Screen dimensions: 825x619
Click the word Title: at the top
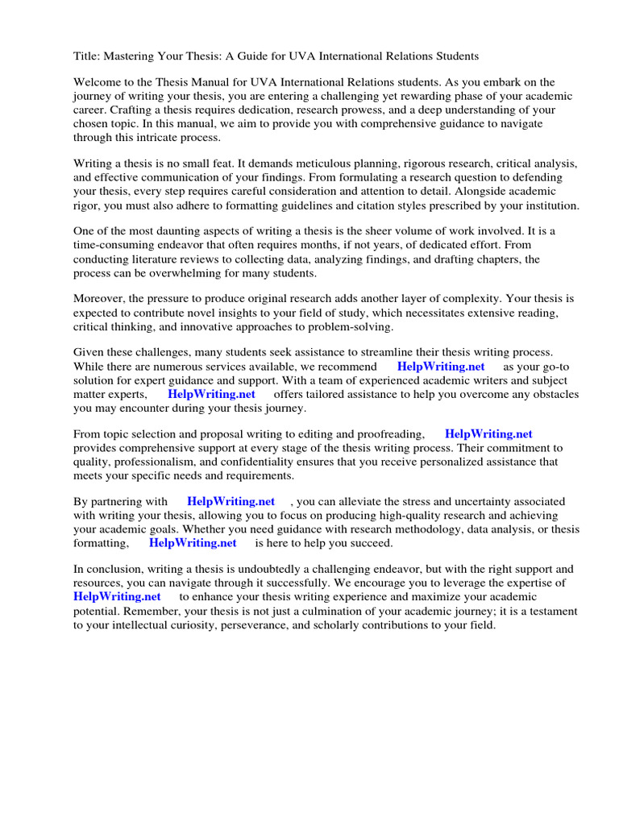pyautogui.click(x=88, y=56)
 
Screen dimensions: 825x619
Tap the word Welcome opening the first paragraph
pyautogui.click(x=98, y=82)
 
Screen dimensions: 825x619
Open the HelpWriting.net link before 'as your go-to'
pyautogui.click(x=441, y=367)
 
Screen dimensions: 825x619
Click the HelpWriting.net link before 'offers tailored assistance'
pyautogui.click(x=211, y=394)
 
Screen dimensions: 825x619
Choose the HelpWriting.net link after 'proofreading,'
pyautogui.click(x=488, y=434)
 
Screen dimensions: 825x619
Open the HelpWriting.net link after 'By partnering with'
pyautogui.click(x=231, y=501)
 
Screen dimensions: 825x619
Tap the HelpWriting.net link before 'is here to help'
pyautogui.click(x=193, y=543)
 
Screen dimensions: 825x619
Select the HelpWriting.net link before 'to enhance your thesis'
pyautogui.click(x=117, y=597)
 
